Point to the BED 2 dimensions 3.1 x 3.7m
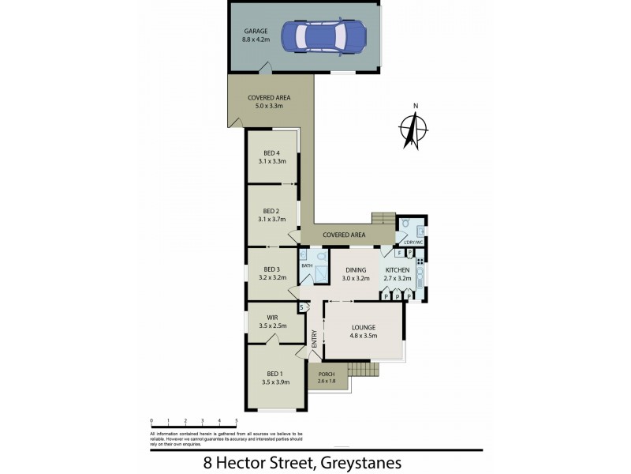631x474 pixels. pos(271,220)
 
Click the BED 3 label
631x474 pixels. pos(271,269)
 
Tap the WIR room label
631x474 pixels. pos(273,317)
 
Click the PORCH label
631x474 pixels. pos(327,374)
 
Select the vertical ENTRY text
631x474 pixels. pos(314,338)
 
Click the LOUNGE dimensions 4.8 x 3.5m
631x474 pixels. pos(363,336)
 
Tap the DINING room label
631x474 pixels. pos(356,269)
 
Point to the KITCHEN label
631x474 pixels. pos(398,269)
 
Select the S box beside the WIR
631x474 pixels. pos(301,307)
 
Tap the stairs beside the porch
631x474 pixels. pos(362,368)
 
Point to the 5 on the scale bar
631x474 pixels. pos(236,421)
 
